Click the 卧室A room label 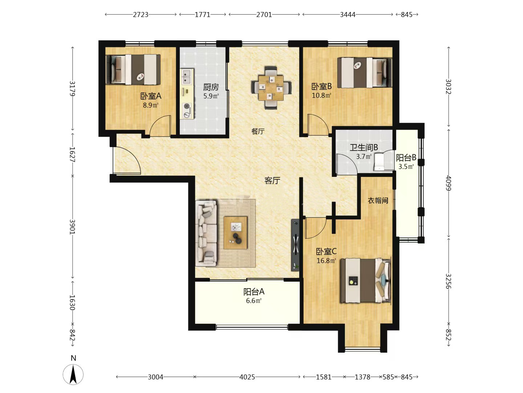151,96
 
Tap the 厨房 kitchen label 211,87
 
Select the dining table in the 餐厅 271,88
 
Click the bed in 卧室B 365,72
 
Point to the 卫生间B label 364,147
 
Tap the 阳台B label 406,158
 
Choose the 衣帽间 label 378,201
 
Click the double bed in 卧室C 366,281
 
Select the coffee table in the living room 235,233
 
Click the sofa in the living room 206,233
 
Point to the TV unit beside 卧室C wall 295,245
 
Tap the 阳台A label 254,291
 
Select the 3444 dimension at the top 348,15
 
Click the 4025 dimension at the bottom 247,377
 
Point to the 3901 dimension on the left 72,227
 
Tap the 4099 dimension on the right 449,183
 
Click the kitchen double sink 187,76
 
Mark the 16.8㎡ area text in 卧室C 326,261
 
